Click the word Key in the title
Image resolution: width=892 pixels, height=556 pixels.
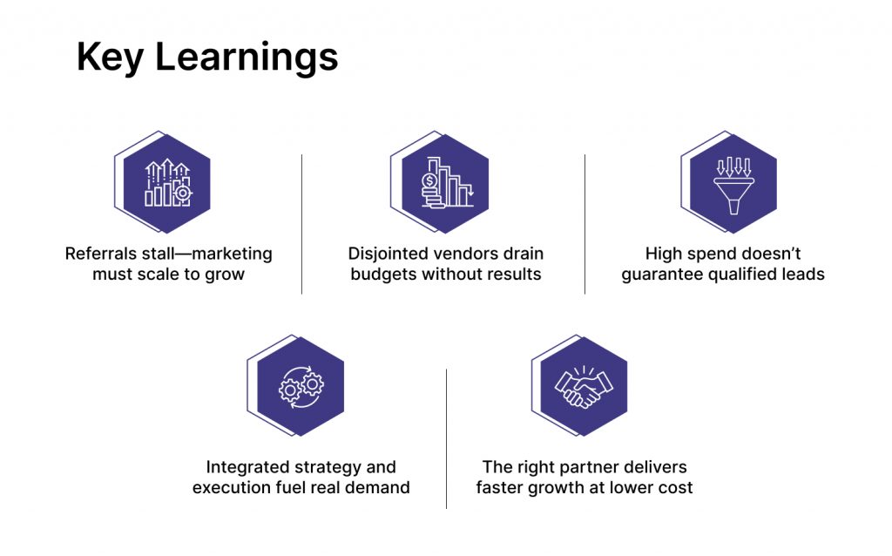tap(109, 58)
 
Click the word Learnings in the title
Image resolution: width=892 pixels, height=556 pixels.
tap(247, 58)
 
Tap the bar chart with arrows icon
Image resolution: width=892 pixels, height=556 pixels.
tap(168, 183)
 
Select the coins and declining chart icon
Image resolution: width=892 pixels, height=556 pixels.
tap(447, 182)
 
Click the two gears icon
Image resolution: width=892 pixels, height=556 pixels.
tap(301, 387)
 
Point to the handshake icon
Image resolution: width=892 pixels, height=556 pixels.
tap(584, 387)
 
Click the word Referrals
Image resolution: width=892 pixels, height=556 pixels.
tap(99, 254)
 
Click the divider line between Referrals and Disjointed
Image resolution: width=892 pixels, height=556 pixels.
tap(301, 224)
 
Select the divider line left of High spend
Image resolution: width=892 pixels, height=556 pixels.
tap(585, 224)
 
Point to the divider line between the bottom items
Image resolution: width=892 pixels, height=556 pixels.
tap(447, 438)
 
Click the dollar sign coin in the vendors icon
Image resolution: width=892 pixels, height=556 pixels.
tap(429, 181)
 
